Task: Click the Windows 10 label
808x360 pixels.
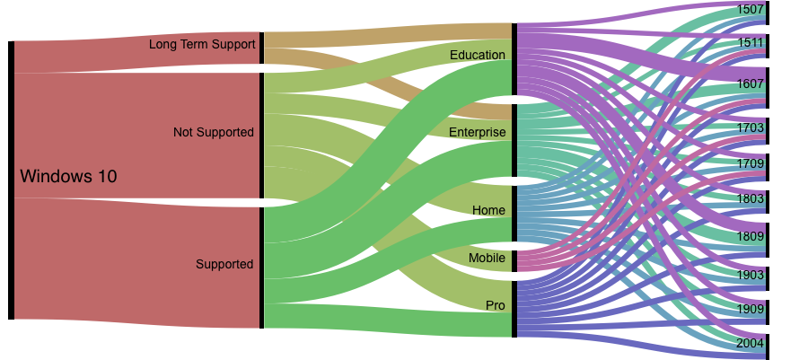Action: [68, 177]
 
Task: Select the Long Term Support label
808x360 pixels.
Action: [202, 43]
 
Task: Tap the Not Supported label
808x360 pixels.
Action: [214, 132]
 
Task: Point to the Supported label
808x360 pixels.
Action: [224, 264]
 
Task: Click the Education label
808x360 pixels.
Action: [478, 55]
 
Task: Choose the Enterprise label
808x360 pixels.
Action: [478, 132]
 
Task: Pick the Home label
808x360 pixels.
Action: [489, 210]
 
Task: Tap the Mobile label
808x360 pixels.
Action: [487, 258]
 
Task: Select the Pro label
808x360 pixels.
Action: [496, 305]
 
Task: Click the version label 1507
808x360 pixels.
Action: [750, 10]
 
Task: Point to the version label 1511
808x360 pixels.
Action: [750, 42]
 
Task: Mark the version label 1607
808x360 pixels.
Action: [750, 83]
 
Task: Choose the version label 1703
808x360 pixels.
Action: [750, 127]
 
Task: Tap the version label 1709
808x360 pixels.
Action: [750, 163]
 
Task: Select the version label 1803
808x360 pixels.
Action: [750, 198]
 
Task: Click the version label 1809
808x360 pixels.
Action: [750, 236]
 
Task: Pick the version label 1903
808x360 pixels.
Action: [750, 275]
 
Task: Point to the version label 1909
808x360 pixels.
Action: [750, 308]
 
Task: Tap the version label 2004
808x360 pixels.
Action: [750, 343]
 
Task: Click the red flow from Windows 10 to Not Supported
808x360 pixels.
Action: [135, 135]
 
